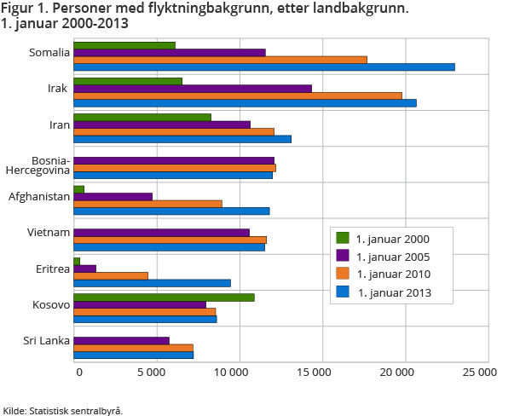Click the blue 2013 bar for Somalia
pyautogui.click(x=264, y=66)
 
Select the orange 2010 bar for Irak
pyautogui.click(x=238, y=95)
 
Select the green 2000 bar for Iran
pyautogui.click(x=142, y=118)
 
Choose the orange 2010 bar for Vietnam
pyautogui.click(x=170, y=240)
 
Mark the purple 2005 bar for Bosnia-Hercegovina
pyautogui.click(x=174, y=160)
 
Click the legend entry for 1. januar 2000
pyautogui.click(x=392, y=238)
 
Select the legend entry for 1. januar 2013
pyautogui.click(x=392, y=292)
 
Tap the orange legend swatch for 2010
pyautogui.click(x=344, y=274)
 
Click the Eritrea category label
pyautogui.click(x=52, y=269)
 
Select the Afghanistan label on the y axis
pyautogui.click(x=39, y=197)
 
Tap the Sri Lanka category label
pyautogui.click(x=49, y=342)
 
